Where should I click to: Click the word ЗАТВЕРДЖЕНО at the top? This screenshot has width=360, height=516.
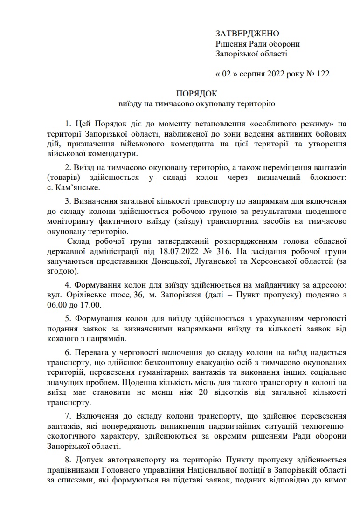pyautogui.click(x=247, y=34)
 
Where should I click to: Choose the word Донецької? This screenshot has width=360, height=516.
pyautogui.click(x=170, y=261)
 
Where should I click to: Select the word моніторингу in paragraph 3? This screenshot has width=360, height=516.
pyautogui.click(x=71, y=221)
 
